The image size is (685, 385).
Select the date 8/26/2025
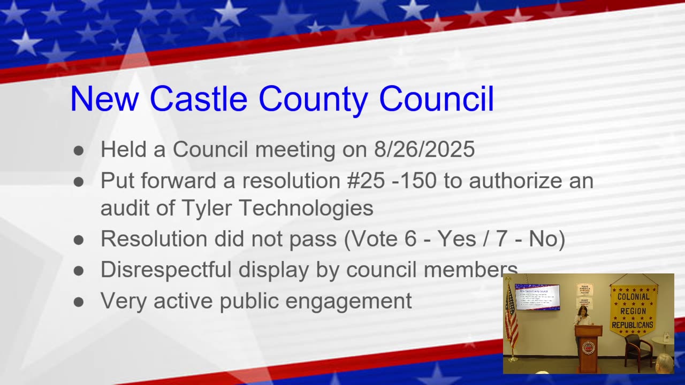424,149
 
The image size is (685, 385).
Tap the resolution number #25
366,181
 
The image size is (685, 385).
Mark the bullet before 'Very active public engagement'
79,302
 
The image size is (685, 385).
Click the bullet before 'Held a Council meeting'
79,150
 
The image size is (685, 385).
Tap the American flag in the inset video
511,318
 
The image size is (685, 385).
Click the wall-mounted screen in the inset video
537,297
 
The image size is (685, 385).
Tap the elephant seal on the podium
589,347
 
